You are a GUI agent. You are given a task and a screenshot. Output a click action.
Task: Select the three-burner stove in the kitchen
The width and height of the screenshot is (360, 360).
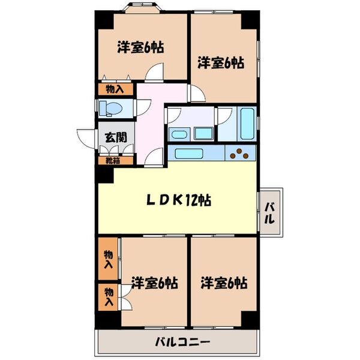(241, 154)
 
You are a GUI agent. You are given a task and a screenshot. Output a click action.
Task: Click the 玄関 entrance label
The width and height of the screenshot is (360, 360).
(115, 136)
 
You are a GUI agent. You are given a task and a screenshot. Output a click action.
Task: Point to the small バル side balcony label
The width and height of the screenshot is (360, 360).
(271, 212)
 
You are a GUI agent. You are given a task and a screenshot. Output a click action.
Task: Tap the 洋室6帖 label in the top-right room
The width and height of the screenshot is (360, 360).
(220, 62)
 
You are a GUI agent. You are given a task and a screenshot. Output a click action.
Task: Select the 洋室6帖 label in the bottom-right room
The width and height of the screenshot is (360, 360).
(223, 282)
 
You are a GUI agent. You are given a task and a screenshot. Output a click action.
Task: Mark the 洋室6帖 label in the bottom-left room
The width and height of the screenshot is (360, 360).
(154, 283)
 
